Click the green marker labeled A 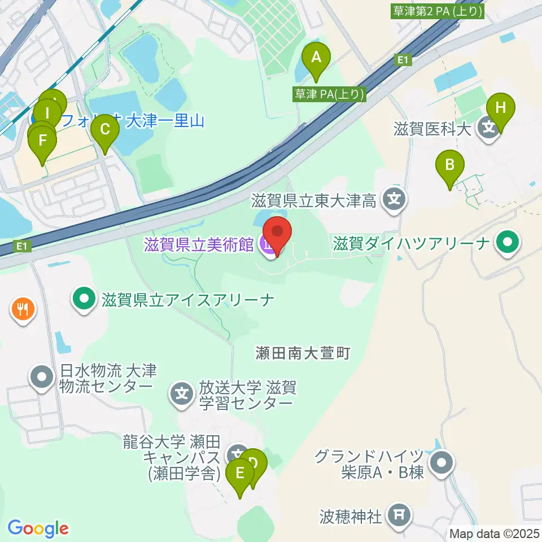pyautogui.click(x=316, y=57)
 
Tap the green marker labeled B pyautogui.click(x=450, y=165)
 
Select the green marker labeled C pyautogui.click(x=105, y=129)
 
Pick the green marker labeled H pyautogui.click(x=501, y=107)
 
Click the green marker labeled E pyautogui.click(x=240, y=473)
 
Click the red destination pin pyautogui.click(x=277, y=232)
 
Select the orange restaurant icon pyautogui.click(x=23, y=309)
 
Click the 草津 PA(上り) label pyautogui.click(x=328, y=94)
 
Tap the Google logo pyautogui.click(x=38, y=528)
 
